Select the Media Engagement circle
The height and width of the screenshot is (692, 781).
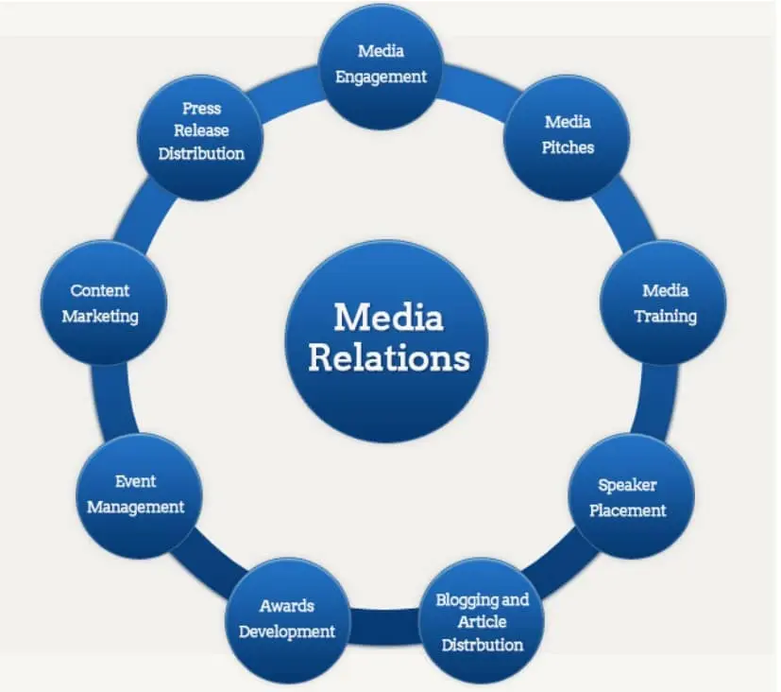pos(381,64)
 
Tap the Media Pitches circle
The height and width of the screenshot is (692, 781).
pos(567,134)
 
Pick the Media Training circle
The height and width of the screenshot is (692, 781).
pos(664,303)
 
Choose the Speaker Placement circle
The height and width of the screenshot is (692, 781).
pos(630,497)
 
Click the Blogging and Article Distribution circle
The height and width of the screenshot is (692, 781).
pos(482,621)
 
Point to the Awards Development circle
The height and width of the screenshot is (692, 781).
pos(286,619)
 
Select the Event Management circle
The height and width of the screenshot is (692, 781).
pos(135,494)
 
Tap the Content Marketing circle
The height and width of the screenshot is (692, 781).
pos(102,303)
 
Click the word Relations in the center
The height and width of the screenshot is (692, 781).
pos(388,358)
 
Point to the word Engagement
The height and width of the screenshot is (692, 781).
pos(381,77)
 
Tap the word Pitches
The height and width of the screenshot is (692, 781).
pos(568,147)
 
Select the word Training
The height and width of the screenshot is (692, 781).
pos(665,316)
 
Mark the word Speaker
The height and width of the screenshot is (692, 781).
pos(627,485)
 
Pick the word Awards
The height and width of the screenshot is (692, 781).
pos(286,606)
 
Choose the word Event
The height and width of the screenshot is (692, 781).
pos(135,481)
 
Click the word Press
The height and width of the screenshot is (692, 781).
pos(201,108)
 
